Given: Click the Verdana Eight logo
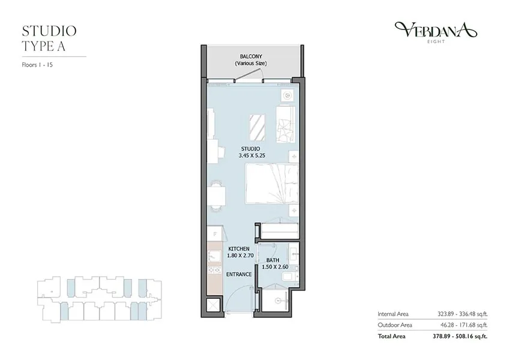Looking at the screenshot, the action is (x=436, y=32).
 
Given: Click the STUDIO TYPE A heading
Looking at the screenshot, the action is (x=49, y=38).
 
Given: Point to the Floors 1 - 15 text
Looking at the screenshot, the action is (x=37, y=65).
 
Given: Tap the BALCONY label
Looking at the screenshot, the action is (x=251, y=56).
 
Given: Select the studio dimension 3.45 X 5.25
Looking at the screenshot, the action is (x=252, y=155).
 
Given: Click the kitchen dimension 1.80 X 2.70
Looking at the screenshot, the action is (x=240, y=256).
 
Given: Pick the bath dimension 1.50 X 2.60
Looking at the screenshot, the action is (x=276, y=267).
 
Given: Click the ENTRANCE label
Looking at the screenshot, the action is (x=239, y=274).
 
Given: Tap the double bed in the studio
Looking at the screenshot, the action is (x=272, y=184).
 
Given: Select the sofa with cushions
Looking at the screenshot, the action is (x=286, y=124).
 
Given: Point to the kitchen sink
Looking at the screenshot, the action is (x=214, y=256).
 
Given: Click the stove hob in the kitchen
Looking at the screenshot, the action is (x=214, y=269).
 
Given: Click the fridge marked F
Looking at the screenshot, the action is (x=214, y=233).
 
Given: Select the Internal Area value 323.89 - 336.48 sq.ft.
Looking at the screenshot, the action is (x=462, y=314).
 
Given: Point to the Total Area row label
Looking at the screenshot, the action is (x=391, y=337).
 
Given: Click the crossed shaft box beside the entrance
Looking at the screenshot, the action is (x=214, y=305).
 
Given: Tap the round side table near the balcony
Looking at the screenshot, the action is (x=288, y=95).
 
